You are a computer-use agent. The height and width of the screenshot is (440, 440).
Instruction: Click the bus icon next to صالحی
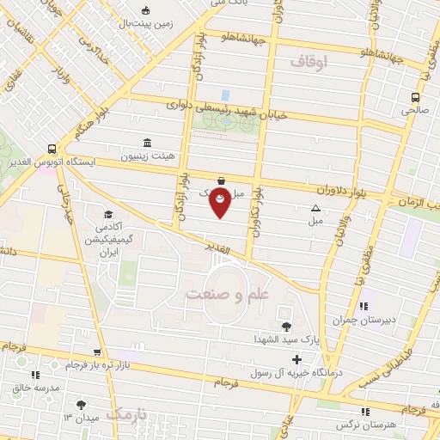[x=416, y=97]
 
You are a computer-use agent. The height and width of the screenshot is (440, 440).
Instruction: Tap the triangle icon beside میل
[x=315, y=208]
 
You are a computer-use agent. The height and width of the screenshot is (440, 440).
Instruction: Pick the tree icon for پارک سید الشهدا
[x=285, y=326]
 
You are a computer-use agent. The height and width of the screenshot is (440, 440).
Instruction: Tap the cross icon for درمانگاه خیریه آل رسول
[x=297, y=359]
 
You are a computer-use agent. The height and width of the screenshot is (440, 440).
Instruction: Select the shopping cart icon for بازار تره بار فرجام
[x=99, y=351]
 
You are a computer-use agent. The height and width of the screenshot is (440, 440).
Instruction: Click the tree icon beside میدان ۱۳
[x=82, y=404]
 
